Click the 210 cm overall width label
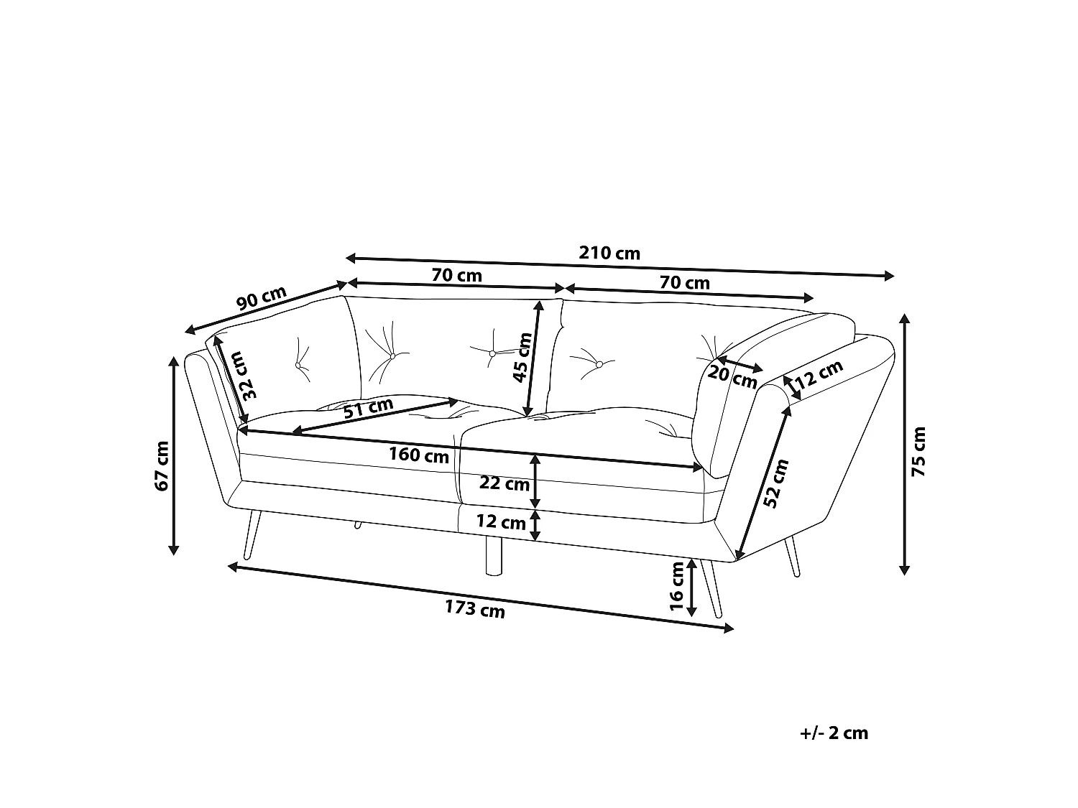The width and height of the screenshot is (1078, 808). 609,253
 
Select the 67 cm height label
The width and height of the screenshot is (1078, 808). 162,466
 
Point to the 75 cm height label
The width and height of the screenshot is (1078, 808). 918,451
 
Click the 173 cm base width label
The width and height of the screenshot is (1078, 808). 475,609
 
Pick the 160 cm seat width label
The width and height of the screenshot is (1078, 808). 419,455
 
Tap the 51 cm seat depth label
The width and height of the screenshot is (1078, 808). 369,407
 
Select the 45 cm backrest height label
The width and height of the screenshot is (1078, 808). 522,357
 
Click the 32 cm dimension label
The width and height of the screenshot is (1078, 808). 247,376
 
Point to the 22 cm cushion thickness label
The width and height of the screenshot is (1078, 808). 505,483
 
